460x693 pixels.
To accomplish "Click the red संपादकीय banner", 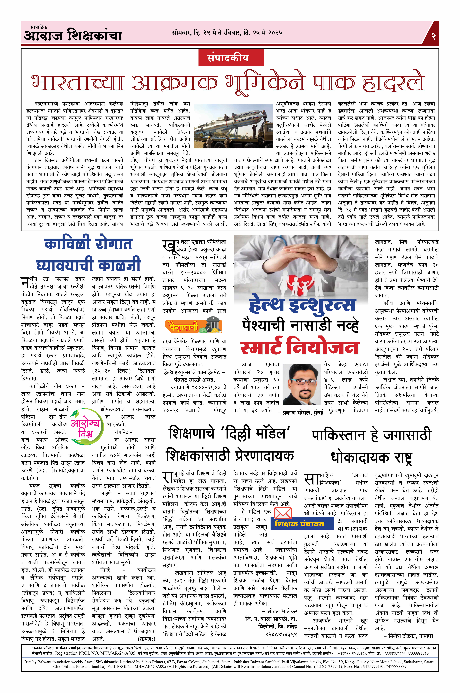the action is [228, 57].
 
